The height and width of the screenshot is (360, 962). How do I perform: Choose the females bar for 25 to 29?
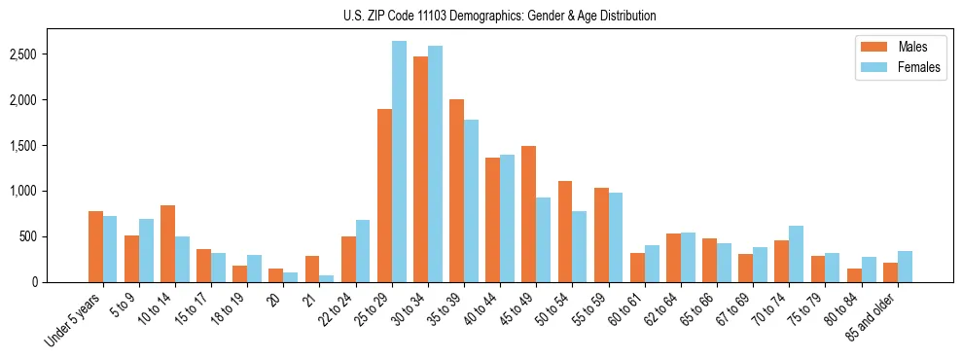click(399, 162)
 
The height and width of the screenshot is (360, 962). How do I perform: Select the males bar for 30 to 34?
click(420, 169)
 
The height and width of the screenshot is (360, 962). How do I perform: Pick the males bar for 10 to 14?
click(167, 243)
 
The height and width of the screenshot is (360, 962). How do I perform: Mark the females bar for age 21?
click(327, 278)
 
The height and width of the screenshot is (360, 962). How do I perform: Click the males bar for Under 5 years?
click(95, 246)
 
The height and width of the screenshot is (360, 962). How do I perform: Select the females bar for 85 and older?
click(905, 267)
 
